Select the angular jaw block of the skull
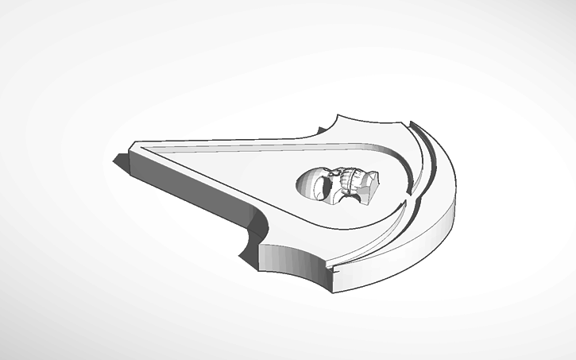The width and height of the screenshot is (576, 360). (x=368, y=188)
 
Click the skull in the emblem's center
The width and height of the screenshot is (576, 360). (x=338, y=185)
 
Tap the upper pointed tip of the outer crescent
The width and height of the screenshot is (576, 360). (x=412, y=120)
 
